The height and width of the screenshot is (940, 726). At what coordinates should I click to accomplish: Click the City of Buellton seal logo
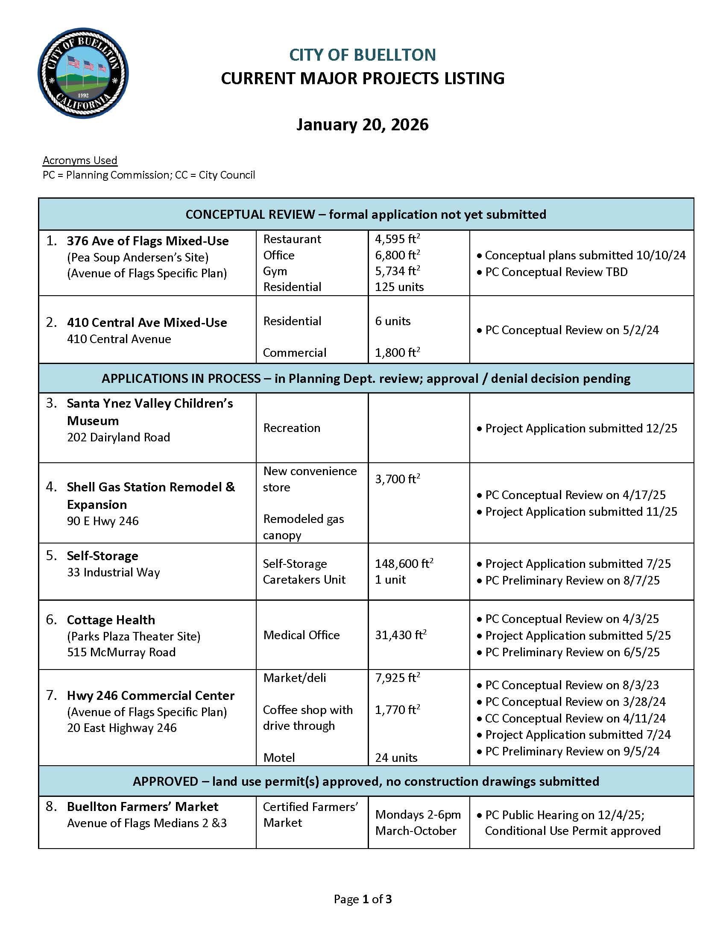pyautogui.click(x=83, y=73)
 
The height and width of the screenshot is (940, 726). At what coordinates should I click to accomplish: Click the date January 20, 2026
pyautogui.click(x=362, y=125)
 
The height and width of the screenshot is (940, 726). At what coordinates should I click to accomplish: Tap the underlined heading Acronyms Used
pyautogui.click(x=79, y=161)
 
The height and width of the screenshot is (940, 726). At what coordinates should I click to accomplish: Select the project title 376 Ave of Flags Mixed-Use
pyautogui.click(x=147, y=241)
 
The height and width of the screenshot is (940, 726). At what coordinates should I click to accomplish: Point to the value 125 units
pyautogui.click(x=399, y=287)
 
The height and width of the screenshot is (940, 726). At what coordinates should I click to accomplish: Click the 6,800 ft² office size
pyautogui.click(x=397, y=255)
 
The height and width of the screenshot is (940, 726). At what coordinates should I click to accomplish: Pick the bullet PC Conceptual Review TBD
pyautogui.click(x=556, y=272)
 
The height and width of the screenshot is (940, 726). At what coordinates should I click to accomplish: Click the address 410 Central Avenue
pyautogui.click(x=119, y=339)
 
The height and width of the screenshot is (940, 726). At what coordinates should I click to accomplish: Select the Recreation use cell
pyautogui.click(x=292, y=428)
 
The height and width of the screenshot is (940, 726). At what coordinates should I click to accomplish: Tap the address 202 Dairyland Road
pyautogui.click(x=118, y=437)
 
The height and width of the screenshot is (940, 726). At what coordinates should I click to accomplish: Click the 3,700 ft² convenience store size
pyautogui.click(x=397, y=479)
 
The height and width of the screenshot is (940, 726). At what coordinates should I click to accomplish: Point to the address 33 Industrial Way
pyautogui.click(x=113, y=573)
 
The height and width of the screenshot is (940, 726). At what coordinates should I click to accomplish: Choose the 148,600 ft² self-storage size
pyautogui.click(x=404, y=564)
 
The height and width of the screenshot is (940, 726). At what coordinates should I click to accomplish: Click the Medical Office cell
pyautogui.click(x=301, y=635)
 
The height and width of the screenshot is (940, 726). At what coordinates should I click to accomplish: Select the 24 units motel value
pyautogui.click(x=396, y=758)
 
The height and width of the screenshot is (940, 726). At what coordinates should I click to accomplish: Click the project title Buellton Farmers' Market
pyautogui.click(x=142, y=807)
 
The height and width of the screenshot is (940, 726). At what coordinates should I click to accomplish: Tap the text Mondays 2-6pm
pyautogui.click(x=418, y=815)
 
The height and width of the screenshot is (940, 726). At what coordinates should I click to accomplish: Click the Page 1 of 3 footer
pyautogui.click(x=363, y=899)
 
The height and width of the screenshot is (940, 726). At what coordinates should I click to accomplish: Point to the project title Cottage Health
pyautogui.click(x=111, y=620)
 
